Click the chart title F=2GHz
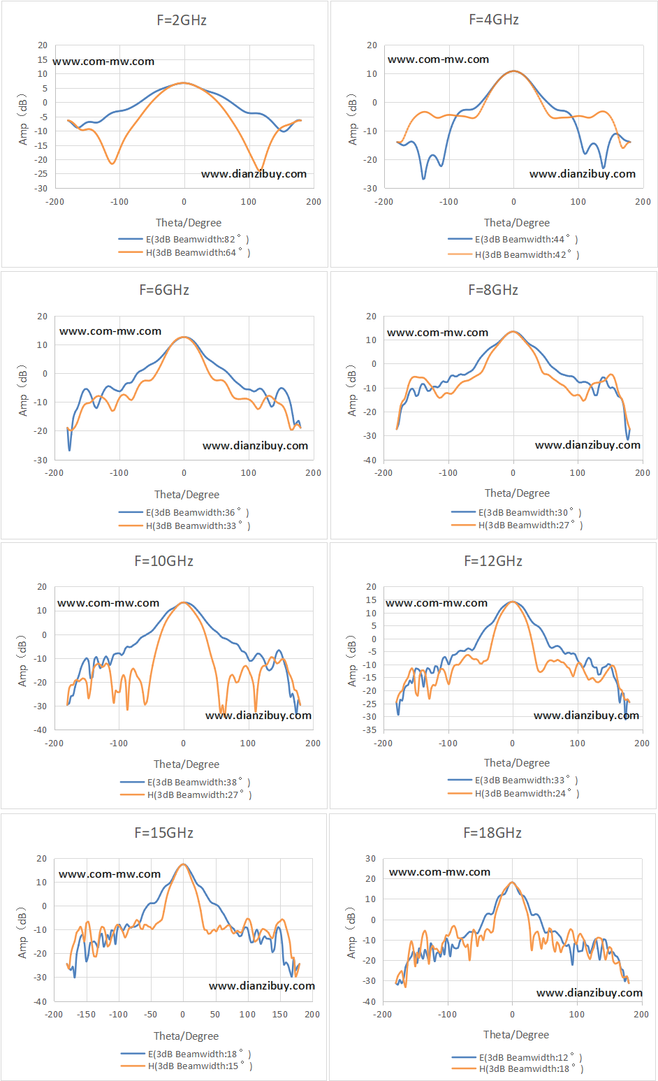pos(182,20)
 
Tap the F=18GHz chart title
pos(492,833)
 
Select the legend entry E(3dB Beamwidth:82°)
pos(184,240)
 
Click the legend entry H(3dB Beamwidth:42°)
pos(514,254)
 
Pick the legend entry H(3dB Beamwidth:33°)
pos(184,525)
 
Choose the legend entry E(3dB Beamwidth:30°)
pos(517,512)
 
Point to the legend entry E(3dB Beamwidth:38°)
pos(186,782)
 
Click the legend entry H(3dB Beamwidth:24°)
pos(514,793)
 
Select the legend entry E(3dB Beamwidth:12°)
pos(517,1057)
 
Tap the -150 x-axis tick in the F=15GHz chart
pos(87,1015)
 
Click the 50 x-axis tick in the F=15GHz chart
pos(215,1015)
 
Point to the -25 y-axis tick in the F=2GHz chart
pos(43,174)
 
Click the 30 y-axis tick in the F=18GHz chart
pos(370,859)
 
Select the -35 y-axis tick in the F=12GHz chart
pos(370,730)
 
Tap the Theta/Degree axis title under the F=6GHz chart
pos(187,495)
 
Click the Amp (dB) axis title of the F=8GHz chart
pos(352,391)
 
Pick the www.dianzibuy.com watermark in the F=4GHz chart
pos(583,174)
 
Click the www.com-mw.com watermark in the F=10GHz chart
pos(108,603)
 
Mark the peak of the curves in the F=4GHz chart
pos(514,71)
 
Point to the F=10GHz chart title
pos(164,561)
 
